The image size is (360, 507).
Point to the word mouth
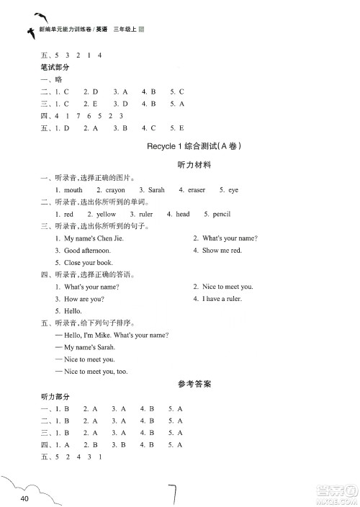[x=73, y=190]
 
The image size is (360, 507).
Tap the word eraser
[x=197, y=190]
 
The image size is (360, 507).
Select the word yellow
[x=106, y=215]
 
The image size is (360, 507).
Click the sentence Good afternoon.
[x=84, y=251]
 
